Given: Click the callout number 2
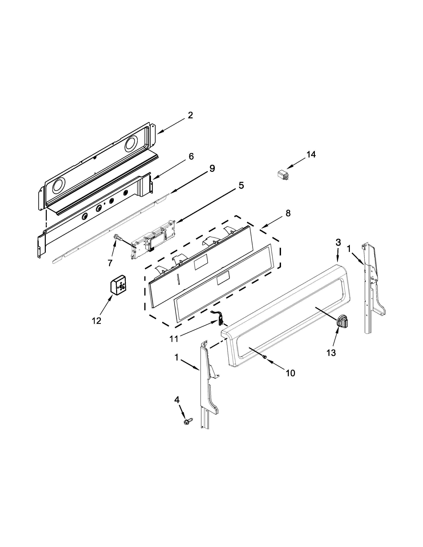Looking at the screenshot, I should point(190,116).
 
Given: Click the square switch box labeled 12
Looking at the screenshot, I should point(119,286).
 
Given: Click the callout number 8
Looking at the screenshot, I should point(288,213).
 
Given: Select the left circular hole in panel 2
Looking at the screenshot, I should point(59,187).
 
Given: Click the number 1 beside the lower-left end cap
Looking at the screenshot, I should point(176,358).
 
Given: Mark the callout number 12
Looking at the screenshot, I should point(97,321).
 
